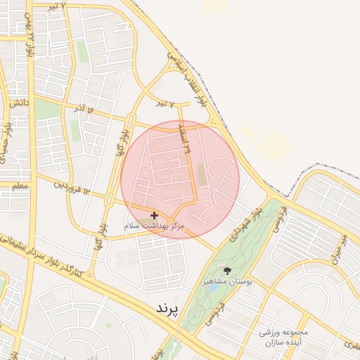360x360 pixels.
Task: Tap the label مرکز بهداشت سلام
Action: coord(154,226)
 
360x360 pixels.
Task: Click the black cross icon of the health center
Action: coord(154,215)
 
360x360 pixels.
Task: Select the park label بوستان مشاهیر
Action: coord(227,281)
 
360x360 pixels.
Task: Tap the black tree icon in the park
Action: coord(226,270)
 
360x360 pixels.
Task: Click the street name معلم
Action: coord(20,186)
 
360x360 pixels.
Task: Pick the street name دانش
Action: coord(19,103)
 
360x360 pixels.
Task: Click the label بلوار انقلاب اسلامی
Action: coord(189,77)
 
